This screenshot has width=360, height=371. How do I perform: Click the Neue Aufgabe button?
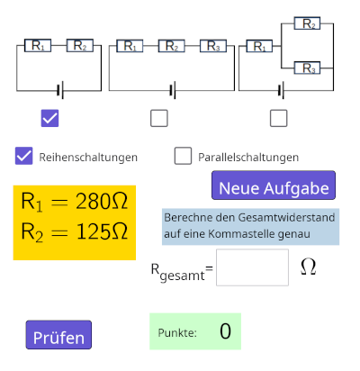[x=274, y=185]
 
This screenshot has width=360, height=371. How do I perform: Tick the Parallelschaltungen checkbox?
[x=183, y=156]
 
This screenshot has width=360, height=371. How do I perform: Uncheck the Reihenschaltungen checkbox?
[x=24, y=156]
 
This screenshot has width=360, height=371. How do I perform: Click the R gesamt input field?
[x=252, y=267]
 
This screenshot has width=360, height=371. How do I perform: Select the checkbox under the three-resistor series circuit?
[x=159, y=118]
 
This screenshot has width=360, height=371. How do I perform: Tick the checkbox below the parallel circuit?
[x=279, y=118]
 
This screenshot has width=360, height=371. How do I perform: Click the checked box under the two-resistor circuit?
[x=49, y=118]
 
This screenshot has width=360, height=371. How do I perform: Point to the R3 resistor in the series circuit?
[x=213, y=46]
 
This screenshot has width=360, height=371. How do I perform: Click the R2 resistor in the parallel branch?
[x=307, y=23]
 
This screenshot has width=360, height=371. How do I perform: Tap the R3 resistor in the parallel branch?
[x=307, y=68]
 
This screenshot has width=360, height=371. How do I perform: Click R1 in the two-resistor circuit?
[x=38, y=45]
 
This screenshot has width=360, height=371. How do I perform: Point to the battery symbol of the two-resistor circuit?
[x=60, y=90]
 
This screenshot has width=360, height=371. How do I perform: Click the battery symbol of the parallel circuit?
[x=281, y=90]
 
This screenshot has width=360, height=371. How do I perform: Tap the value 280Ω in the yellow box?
[x=102, y=201]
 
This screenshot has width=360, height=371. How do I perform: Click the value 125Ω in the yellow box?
[x=103, y=231]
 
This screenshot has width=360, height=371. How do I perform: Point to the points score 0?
[x=225, y=331]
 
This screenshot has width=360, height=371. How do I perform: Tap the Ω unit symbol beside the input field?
[x=308, y=267]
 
